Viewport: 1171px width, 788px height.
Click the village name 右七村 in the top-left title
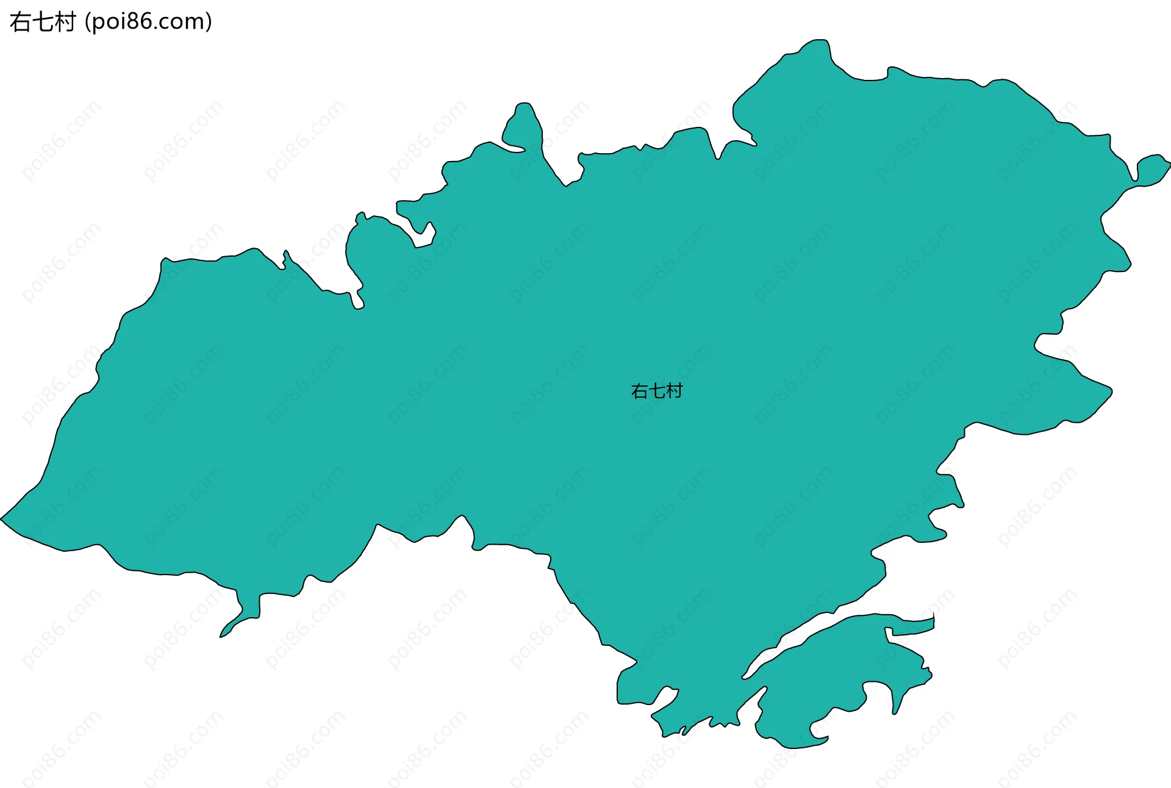[43, 22]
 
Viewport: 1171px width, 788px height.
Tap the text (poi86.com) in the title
[149, 22]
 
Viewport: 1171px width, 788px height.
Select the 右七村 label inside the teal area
[656, 391]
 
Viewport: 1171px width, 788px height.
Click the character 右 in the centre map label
[639, 391]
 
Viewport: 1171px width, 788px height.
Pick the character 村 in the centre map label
[674, 391]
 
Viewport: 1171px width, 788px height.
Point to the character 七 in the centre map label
[657, 391]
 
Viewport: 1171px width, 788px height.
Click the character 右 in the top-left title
[21, 22]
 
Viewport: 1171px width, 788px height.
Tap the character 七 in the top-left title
[43, 22]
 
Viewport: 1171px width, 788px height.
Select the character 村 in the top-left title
[65, 22]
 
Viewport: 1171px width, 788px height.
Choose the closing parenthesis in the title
[209, 22]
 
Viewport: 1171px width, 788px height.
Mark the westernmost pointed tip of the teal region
[3, 519]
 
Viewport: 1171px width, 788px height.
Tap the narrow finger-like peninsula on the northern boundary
[523, 125]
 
